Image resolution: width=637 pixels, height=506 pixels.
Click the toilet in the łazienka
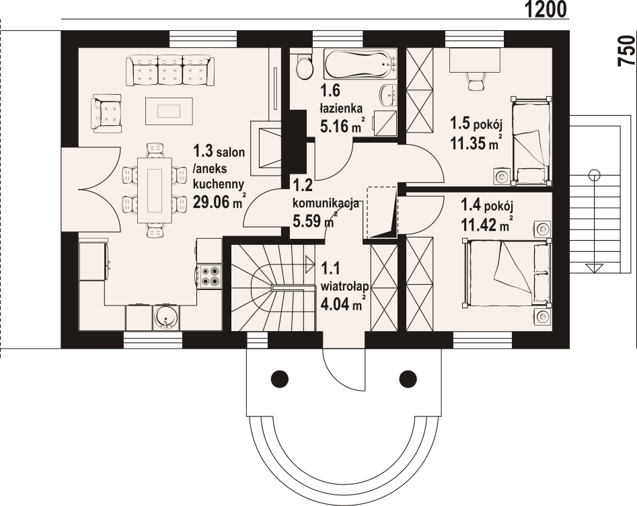click(305, 67)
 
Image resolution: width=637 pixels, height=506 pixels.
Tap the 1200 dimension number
click(546, 9)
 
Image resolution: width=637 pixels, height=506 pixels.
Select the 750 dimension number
click(626, 50)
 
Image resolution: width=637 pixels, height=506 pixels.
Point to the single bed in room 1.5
click(531, 140)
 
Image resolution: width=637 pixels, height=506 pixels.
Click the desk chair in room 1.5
click(476, 81)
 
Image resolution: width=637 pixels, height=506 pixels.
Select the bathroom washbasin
click(389, 96)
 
